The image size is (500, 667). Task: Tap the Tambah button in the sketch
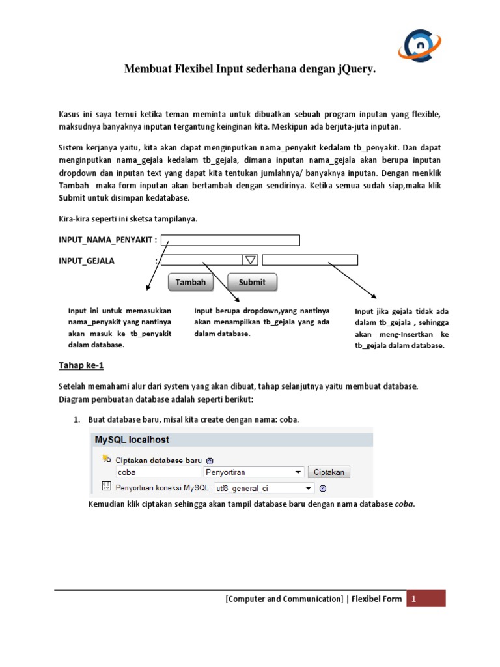pyautogui.click(x=191, y=282)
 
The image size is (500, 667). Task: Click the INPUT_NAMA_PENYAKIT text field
pyautogui.click(x=230, y=240)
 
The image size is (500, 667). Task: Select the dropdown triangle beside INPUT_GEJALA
pyautogui.click(x=250, y=260)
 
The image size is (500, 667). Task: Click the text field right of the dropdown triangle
pyautogui.click(x=310, y=260)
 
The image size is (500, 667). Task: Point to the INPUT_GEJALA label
pyautogui.click(x=87, y=261)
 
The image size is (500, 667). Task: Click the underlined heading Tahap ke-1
pyautogui.click(x=81, y=365)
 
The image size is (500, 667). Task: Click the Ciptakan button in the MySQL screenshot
pyautogui.click(x=329, y=472)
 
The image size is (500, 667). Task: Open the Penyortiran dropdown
pyautogui.click(x=254, y=472)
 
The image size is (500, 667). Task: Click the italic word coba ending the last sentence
pyautogui.click(x=404, y=504)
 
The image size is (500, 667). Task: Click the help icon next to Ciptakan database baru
pyautogui.click(x=210, y=459)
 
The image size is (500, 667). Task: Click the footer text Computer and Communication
pyautogui.click(x=284, y=599)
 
